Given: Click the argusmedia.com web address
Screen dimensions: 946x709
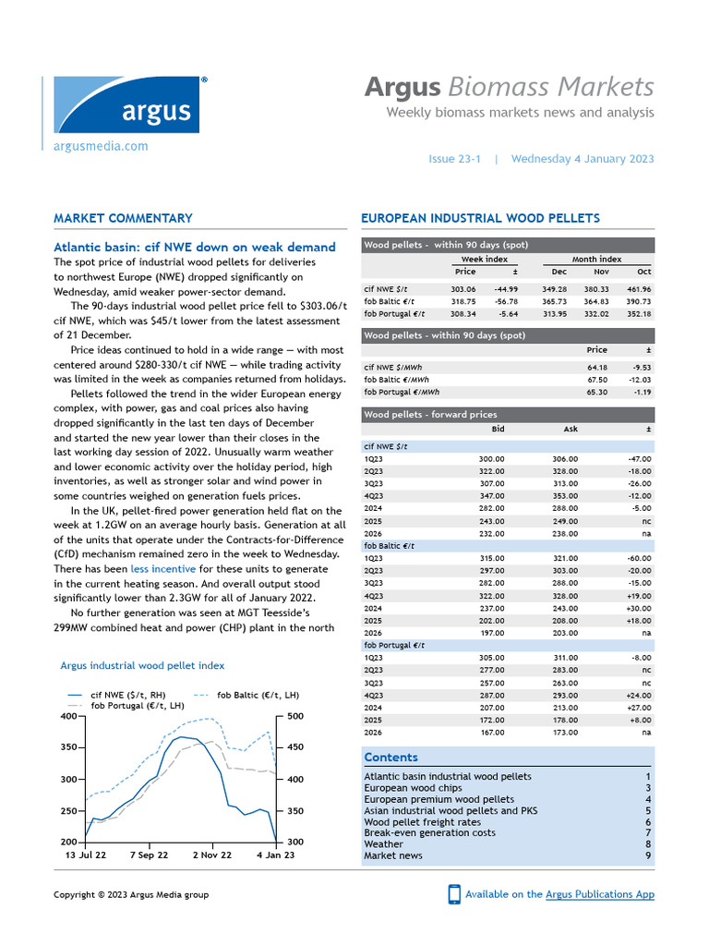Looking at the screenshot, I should [x=101, y=146].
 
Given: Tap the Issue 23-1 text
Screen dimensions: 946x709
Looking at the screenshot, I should [x=455, y=159].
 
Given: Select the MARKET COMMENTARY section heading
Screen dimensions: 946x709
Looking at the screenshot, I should [x=123, y=219].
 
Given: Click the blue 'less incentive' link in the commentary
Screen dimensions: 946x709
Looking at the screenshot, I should [x=162, y=569].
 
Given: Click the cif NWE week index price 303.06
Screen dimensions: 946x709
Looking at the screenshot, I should [x=463, y=289].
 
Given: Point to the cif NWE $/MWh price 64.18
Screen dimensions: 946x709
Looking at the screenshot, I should [x=596, y=367].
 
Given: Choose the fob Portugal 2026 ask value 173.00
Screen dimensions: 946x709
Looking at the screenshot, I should [x=564, y=732].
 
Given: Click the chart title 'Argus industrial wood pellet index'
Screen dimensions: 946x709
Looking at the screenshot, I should [x=142, y=665].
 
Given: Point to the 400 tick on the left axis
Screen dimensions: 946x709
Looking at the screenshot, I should [x=68, y=716].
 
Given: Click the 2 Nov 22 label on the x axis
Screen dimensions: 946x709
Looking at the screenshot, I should [x=212, y=855].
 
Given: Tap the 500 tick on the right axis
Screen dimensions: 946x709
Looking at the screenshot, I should [x=294, y=716].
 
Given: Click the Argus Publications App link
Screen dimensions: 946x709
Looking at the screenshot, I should [x=600, y=894].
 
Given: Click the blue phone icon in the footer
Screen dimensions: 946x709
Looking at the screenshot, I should [x=454, y=894].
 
